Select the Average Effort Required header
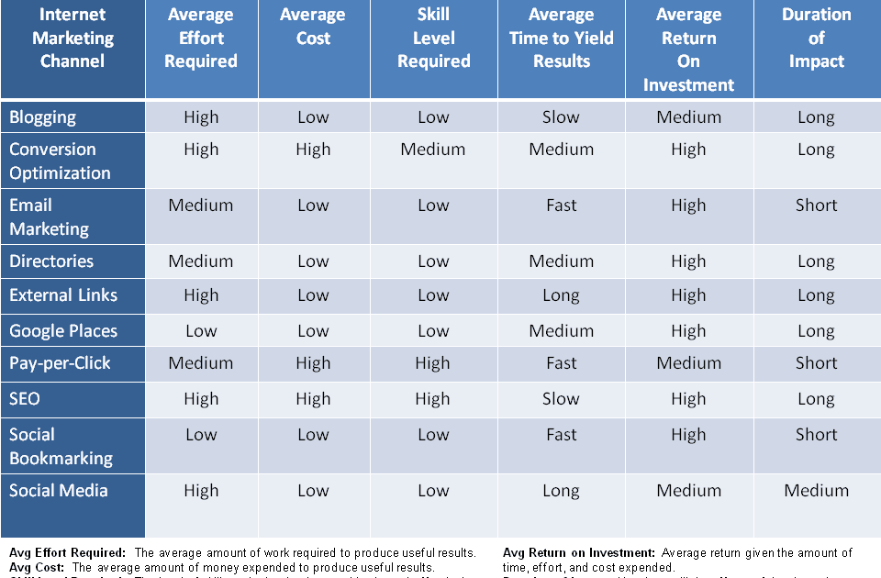(201, 39)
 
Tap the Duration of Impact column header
(816, 39)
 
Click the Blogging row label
(43, 117)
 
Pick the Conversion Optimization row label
(60, 161)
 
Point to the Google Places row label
(63, 331)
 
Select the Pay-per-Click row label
(60, 363)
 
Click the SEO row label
(25, 399)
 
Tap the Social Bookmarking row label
(61, 447)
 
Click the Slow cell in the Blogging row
(561, 117)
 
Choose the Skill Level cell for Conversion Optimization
(433, 150)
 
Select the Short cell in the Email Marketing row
(816, 206)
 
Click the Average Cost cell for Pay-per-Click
(313, 363)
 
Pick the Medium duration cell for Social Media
(816, 491)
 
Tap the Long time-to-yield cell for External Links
(561, 295)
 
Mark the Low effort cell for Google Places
(201, 331)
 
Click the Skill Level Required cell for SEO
(433, 399)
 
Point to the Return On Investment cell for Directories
(688, 261)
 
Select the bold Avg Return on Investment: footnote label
(579, 553)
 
